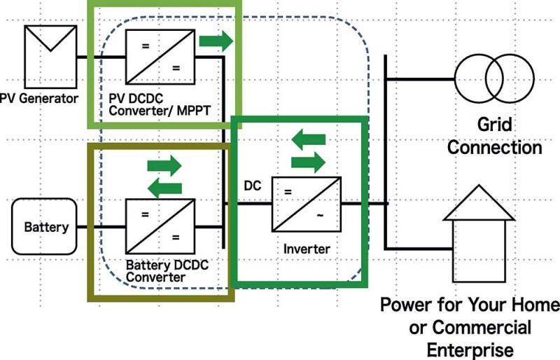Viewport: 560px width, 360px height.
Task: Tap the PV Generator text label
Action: (39, 99)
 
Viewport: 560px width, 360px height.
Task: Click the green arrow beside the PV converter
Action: (216, 41)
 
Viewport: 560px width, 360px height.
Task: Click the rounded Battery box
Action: (46, 227)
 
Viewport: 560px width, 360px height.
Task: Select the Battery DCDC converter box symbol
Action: (153, 226)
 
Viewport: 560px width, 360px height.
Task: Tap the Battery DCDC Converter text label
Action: (167, 271)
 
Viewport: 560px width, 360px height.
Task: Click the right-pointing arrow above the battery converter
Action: (164, 167)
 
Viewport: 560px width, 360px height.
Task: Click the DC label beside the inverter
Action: (253, 187)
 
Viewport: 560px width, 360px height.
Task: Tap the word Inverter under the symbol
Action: (307, 249)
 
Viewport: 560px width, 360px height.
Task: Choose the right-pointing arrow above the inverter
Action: (309, 163)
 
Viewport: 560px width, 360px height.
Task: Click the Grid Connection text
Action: (495, 137)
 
